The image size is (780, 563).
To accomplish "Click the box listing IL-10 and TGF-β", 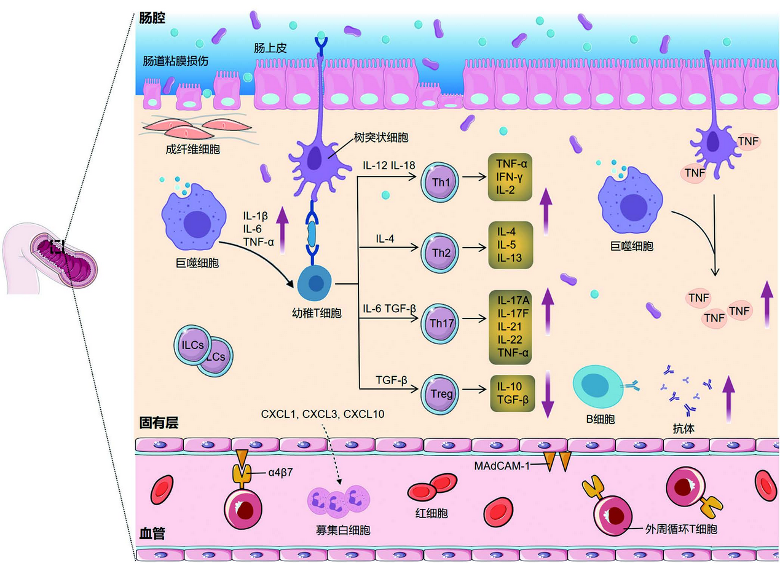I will tap(508, 393).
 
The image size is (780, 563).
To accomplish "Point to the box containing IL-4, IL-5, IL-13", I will tap(508, 245).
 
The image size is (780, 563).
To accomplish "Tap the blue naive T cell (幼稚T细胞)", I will tap(315, 283).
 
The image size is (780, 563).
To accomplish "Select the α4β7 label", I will tap(280, 472).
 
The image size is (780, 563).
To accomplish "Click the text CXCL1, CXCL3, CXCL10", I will tap(323, 414).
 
